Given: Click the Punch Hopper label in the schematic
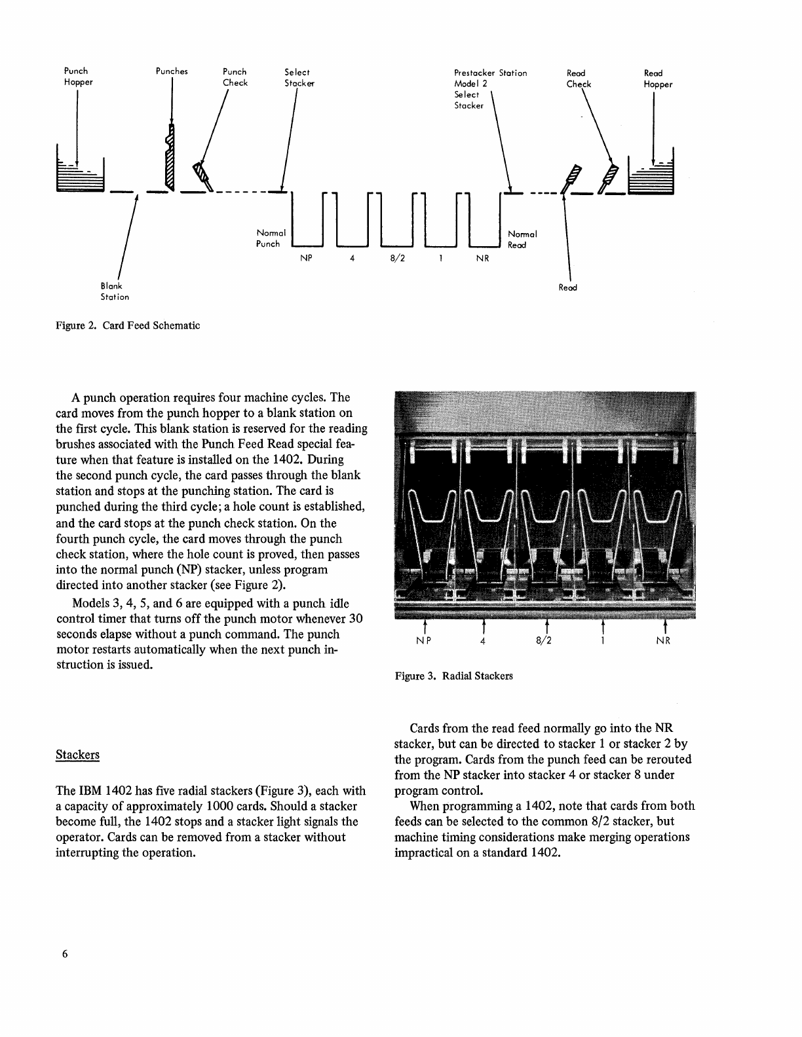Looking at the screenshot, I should tap(77, 77).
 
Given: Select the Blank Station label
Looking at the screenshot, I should tap(114, 291).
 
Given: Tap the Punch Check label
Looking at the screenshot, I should tap(235, 77).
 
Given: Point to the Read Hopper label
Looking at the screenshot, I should tap(657, 79).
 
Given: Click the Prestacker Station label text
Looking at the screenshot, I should tap(490, 73).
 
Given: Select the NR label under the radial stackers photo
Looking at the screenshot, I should tap(663, 641).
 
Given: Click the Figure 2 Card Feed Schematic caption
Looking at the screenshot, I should tap(128, 325).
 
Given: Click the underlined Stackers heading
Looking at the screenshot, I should tap(78, 754).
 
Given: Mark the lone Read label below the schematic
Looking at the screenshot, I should tap(567, 287).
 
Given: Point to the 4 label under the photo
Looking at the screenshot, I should tap(482, 641).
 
